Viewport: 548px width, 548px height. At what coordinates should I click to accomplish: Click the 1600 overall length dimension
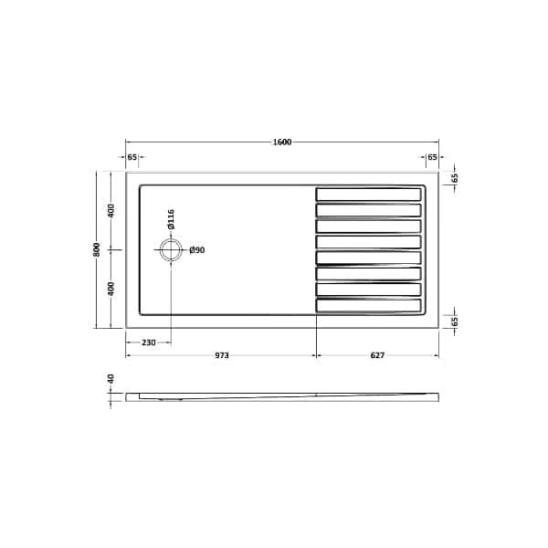tap(281, 142)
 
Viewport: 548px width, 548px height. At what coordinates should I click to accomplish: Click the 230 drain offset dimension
tap(148, 342)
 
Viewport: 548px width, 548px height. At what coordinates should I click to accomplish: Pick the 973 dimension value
tap(221, 354)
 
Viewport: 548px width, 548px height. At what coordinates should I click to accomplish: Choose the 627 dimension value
tap(376, 354)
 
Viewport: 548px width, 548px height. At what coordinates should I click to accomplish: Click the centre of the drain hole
tap(170, 249)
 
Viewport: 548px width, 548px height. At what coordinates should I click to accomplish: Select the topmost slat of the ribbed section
tap(369, 194)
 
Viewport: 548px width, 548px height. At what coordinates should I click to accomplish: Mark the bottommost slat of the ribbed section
tap(369, 305)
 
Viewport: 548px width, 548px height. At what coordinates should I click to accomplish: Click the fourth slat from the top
tap(369, 241)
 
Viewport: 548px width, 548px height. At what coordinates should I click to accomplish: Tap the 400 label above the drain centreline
tap(111, 211)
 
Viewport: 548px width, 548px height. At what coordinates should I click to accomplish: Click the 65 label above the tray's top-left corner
tap(132, 158)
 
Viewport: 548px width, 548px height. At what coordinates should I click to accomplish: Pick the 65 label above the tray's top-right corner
tap(432, 158)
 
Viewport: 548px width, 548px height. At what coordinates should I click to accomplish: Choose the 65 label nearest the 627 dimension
tap(454, 321)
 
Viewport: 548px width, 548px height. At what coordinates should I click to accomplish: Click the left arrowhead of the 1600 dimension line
tap(128, 142)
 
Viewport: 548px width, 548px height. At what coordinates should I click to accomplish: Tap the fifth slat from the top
tap(369, 258)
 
